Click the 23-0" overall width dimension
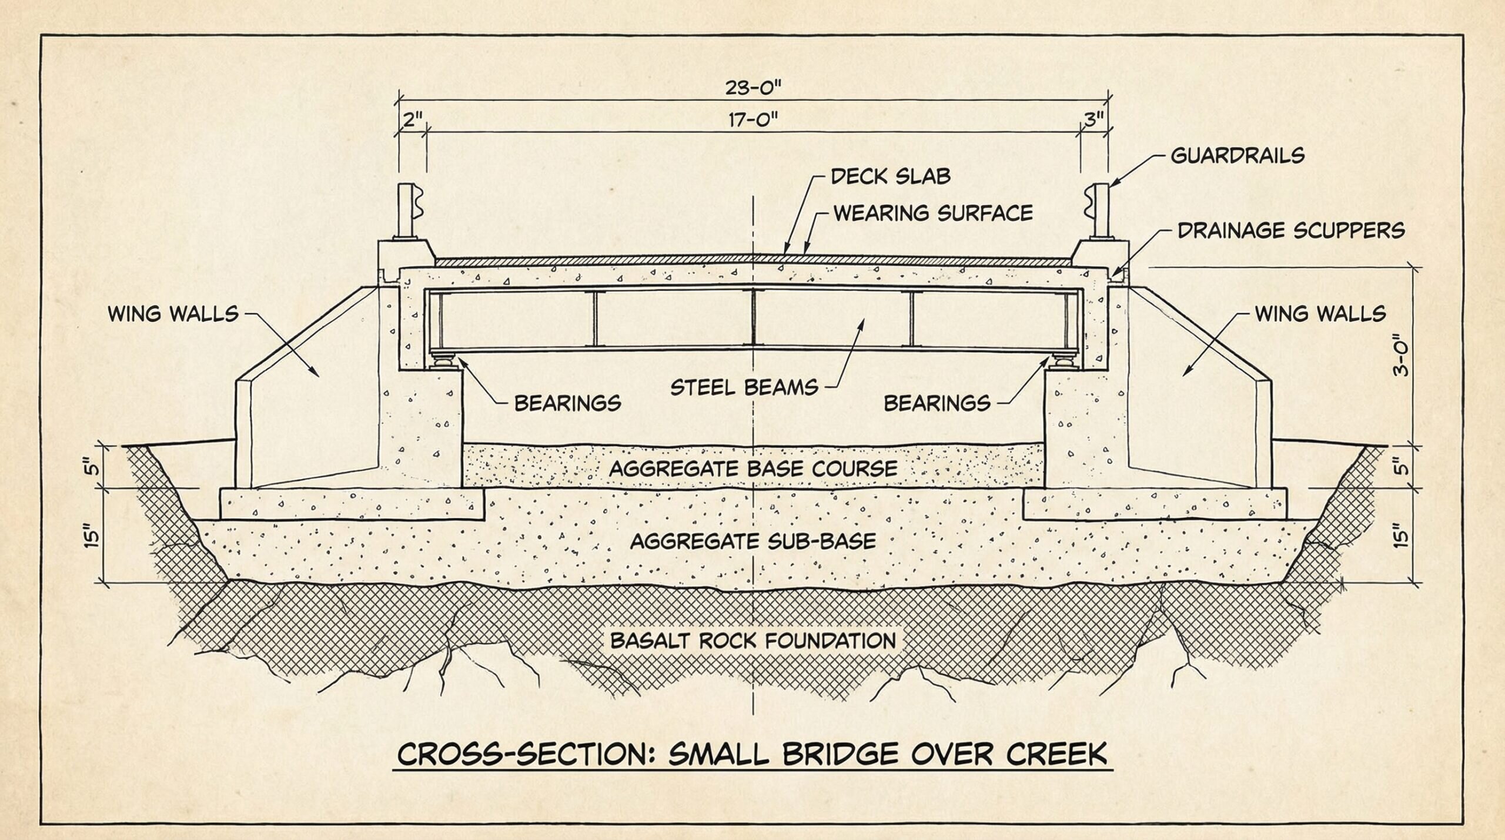tap(753, 88)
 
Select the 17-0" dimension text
tap(753, 121)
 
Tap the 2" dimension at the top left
tap(413, 120)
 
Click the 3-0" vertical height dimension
tap(1402, 356)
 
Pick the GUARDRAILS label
tap(1238, 156)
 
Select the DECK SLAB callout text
tap(890, 176)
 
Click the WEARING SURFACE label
tap(933, 213)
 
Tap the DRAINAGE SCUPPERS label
tap(1291, 230)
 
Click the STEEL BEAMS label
tap(744, 387)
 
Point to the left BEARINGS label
tap(567, 403)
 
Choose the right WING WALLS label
tap(1320, 313)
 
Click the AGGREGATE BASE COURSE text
tap(753, 468)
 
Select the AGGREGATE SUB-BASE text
tap(753, 541)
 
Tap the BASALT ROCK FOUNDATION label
tap(753, 640)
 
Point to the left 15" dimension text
tap(91, 536)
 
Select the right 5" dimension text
tap(1402, 467)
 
